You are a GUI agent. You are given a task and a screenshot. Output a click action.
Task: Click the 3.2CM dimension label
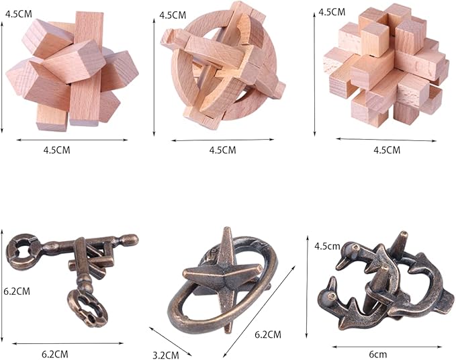[x=166, y=355]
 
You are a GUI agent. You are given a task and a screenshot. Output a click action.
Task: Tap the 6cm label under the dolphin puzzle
[x=378, y=355]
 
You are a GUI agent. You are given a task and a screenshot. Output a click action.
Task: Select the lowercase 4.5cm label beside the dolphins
[x=327, y=246]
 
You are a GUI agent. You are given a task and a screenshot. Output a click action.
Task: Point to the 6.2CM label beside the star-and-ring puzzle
[x=268, y=334]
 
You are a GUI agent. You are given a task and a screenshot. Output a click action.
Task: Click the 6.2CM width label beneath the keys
[x=55, y=354]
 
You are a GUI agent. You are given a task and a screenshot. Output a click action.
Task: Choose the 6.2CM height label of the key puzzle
[x=17, y=291]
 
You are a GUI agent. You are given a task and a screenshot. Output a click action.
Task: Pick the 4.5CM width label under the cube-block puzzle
[x=387, y=150]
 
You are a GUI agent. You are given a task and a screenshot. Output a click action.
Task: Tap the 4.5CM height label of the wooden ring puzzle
[x=173, y=15]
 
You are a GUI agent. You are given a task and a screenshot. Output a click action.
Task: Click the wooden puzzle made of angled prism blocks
[x=72, y=71]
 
